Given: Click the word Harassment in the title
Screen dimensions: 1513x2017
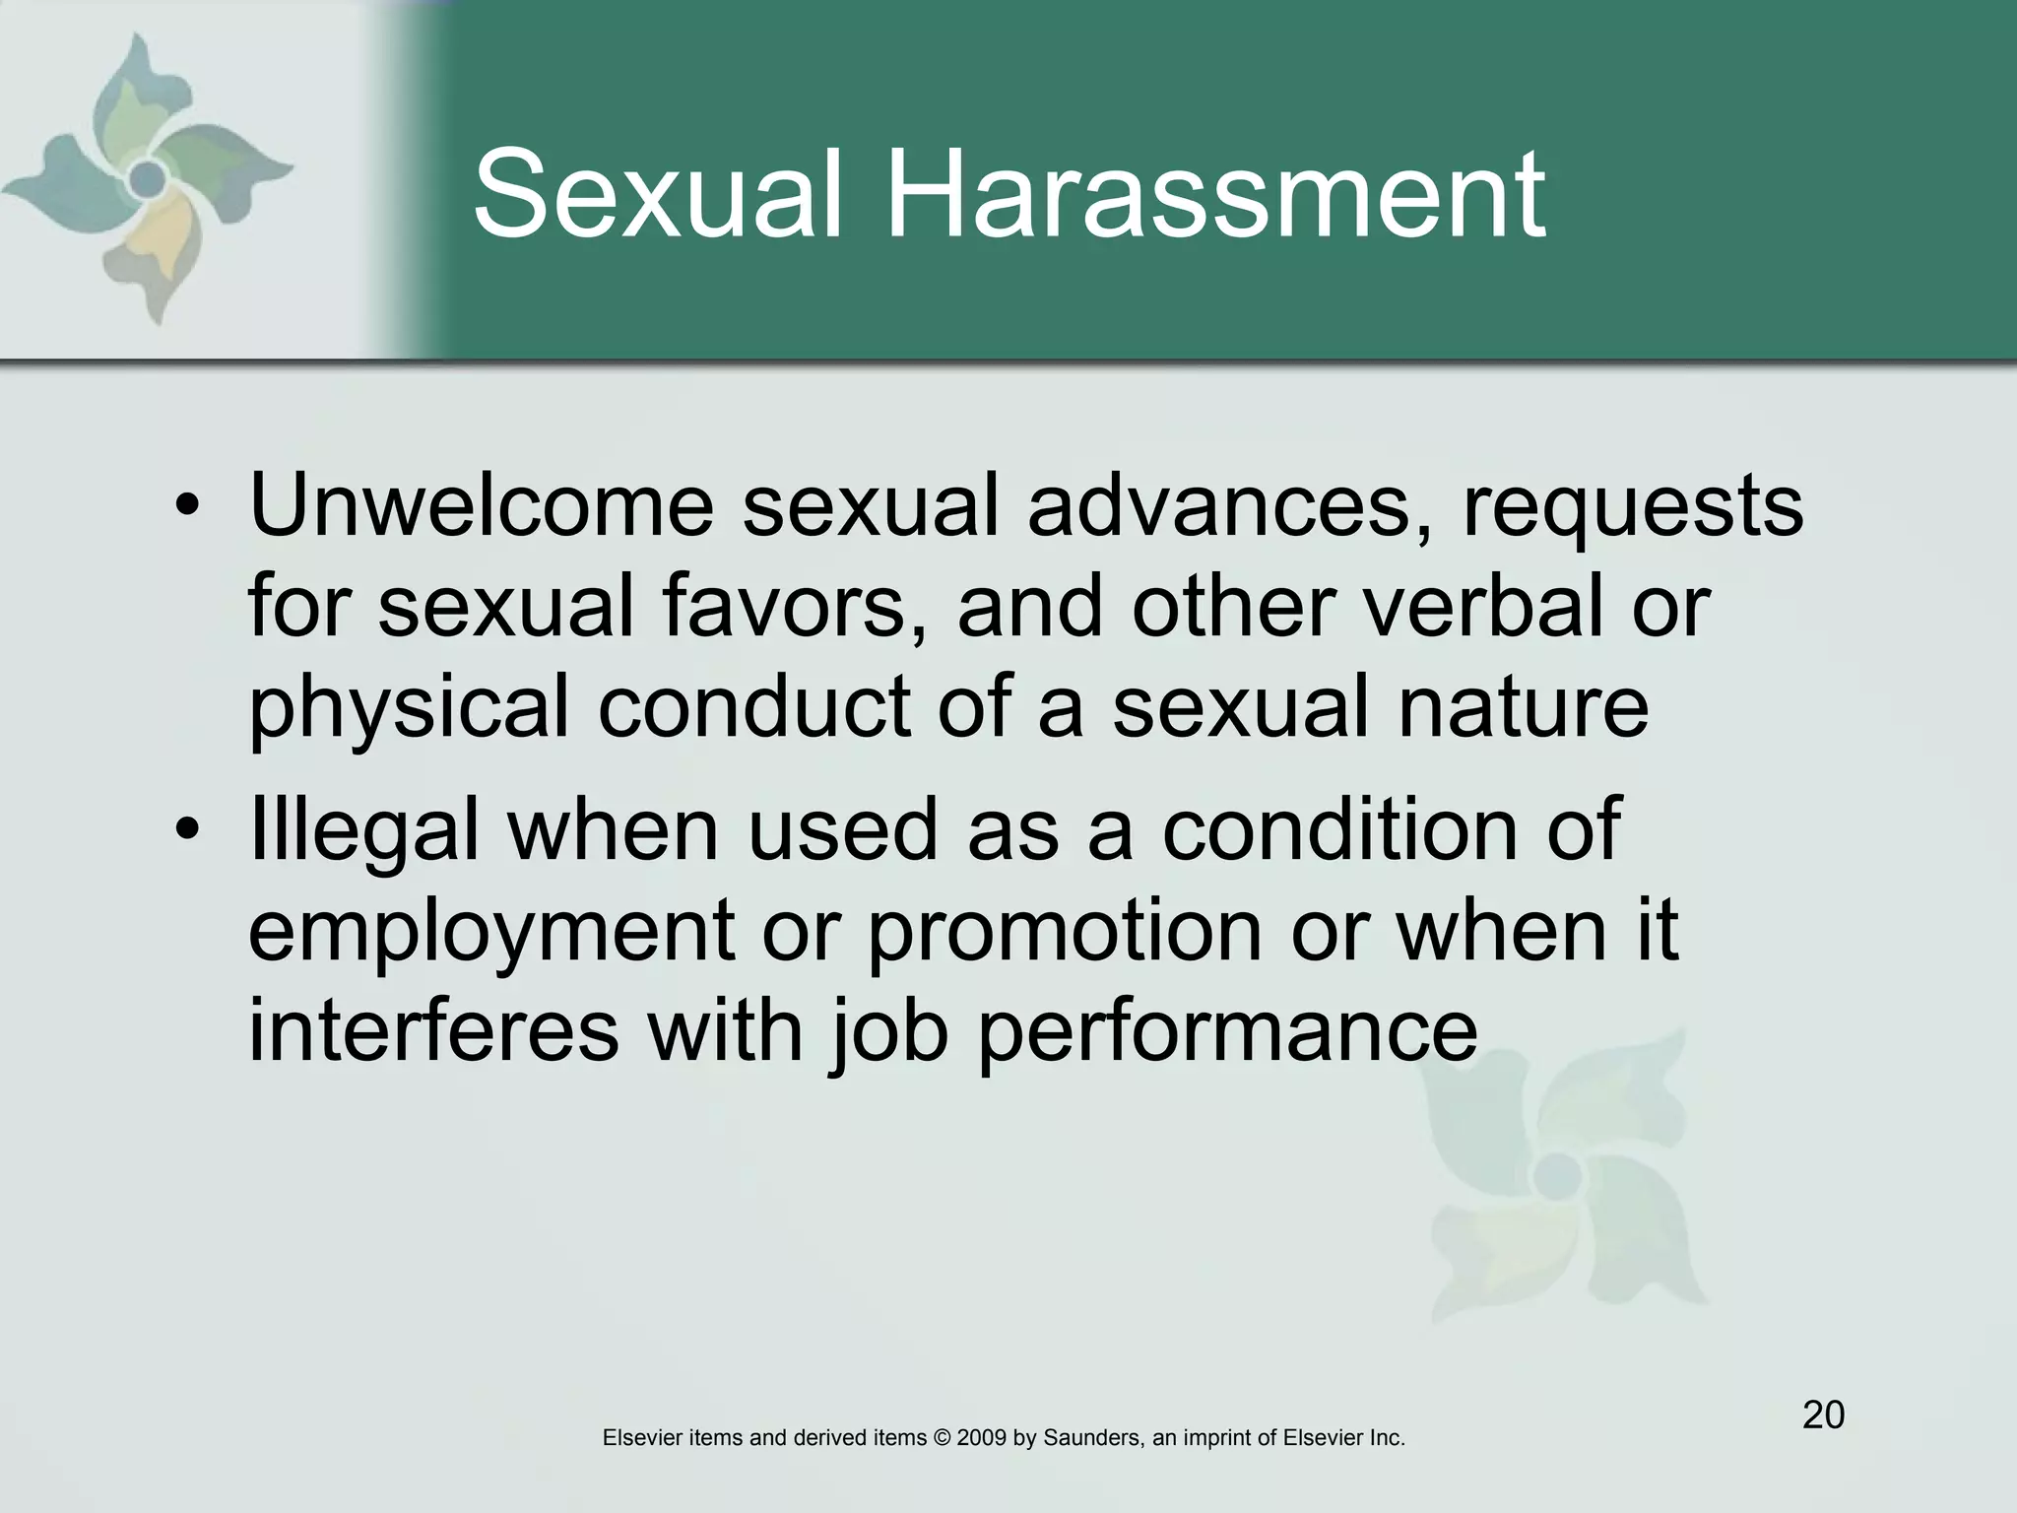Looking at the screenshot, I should [1216, 194].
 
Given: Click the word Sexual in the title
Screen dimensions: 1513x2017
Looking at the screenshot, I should [658, 194].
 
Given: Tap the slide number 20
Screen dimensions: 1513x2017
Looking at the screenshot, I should [1823, 1415].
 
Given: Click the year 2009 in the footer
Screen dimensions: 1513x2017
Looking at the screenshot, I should [981, 1438].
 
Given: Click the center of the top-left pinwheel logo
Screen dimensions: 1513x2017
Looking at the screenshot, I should [148, 178].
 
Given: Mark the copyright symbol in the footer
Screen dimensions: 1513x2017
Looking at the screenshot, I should [942, 1438].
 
